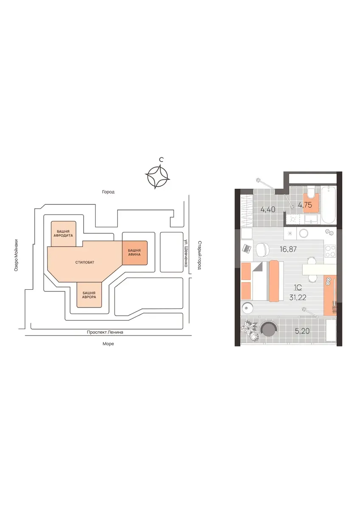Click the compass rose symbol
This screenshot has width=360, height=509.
click(x=157, y=176)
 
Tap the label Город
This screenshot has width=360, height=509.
click(x=108, y=192)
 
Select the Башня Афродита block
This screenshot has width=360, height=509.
click(x=63, y=234)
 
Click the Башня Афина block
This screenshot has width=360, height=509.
click(x=135, y=253)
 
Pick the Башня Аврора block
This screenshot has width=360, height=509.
click(x=89, y=295)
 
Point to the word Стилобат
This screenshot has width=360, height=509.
click(x=85, y=263)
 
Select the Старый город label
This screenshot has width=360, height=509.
click(x=199, y=255)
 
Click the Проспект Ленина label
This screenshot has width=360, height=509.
click(x=105, y=332)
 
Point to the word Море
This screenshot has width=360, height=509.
click(x=108, y=344)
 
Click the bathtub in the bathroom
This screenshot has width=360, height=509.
click(x=328, y=205)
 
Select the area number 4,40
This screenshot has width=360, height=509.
click(x=268, y=210)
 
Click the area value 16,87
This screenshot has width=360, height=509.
click(x=288, y=249)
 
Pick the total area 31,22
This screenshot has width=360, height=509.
click(x=298, y=298)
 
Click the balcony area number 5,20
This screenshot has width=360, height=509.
click(x=302, y=331)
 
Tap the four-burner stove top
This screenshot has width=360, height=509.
click(x=330, y=251)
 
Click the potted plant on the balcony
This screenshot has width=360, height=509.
click(x=250, y=332)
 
